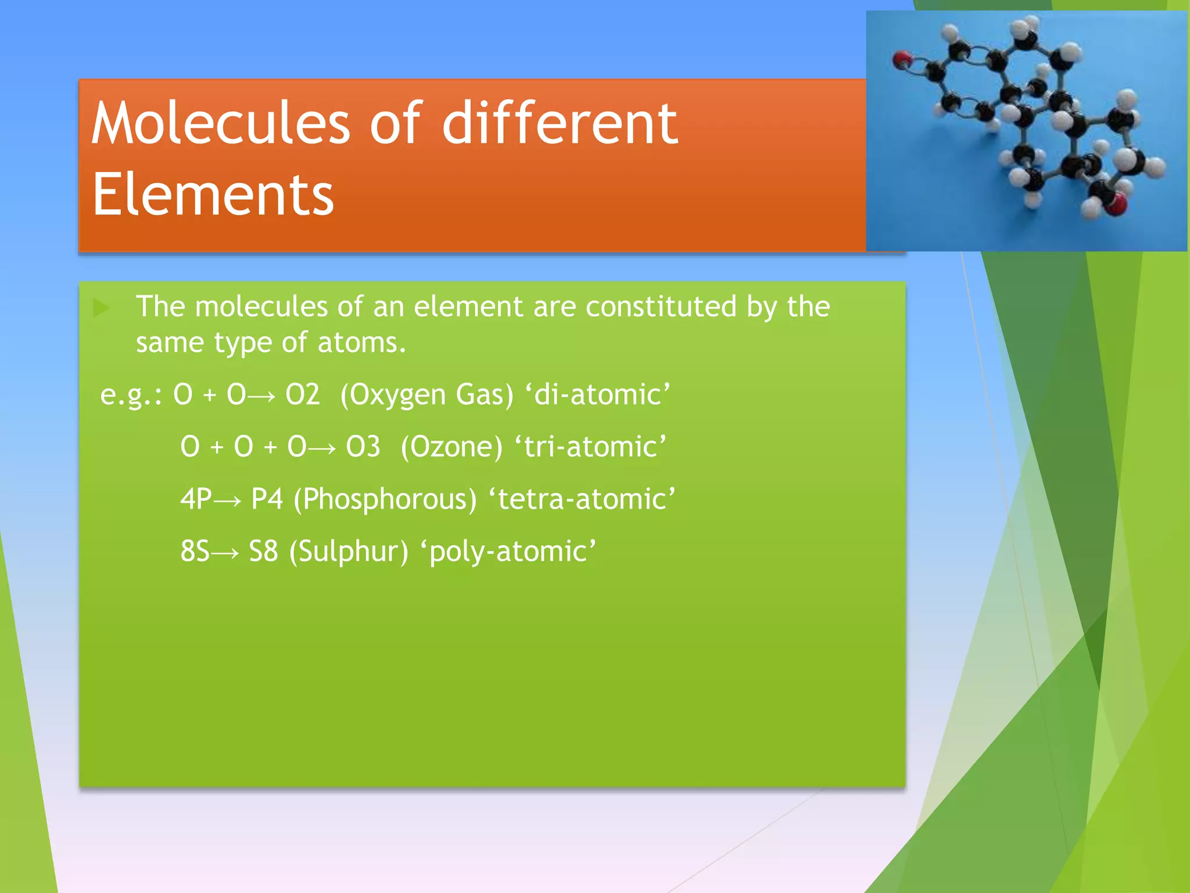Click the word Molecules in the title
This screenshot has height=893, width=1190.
[x=221, y=123]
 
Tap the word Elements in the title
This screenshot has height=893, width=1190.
[x=213, y=195]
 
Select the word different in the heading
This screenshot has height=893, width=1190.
[x=560, y=123]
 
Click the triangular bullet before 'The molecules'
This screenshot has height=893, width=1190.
[x=101, y=308]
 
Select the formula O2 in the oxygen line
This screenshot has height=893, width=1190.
[x=302, y=395]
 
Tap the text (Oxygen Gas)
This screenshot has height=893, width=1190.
[x=427, y=395]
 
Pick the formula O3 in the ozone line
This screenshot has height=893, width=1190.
[x=363, y=447]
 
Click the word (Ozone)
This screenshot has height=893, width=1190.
[x=451, y=447]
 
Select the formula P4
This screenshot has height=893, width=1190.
[x=267, y=499]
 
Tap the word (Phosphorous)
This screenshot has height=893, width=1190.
[x=385, y=499]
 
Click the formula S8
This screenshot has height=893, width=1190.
[x=263, y=551]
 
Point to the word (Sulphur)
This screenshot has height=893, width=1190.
[x=349, y=551]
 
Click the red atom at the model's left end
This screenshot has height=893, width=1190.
[x=902, y=59]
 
